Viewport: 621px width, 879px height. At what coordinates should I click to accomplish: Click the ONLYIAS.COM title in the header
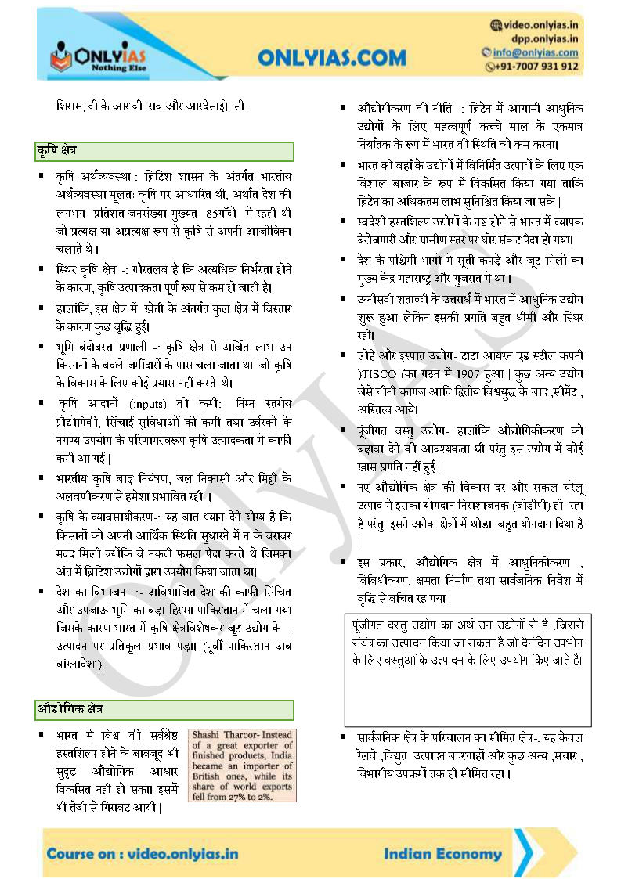coord(332,57)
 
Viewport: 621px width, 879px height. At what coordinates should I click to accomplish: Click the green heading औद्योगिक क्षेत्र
coord(70,709)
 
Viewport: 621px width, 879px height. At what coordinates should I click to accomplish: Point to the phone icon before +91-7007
coord(491,67)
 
